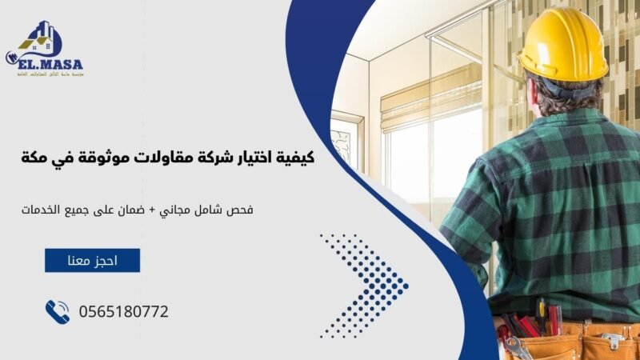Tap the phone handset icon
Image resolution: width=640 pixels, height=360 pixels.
58,311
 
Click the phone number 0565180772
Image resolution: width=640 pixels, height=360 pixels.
123,311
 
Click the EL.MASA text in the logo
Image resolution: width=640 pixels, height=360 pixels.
49,62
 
